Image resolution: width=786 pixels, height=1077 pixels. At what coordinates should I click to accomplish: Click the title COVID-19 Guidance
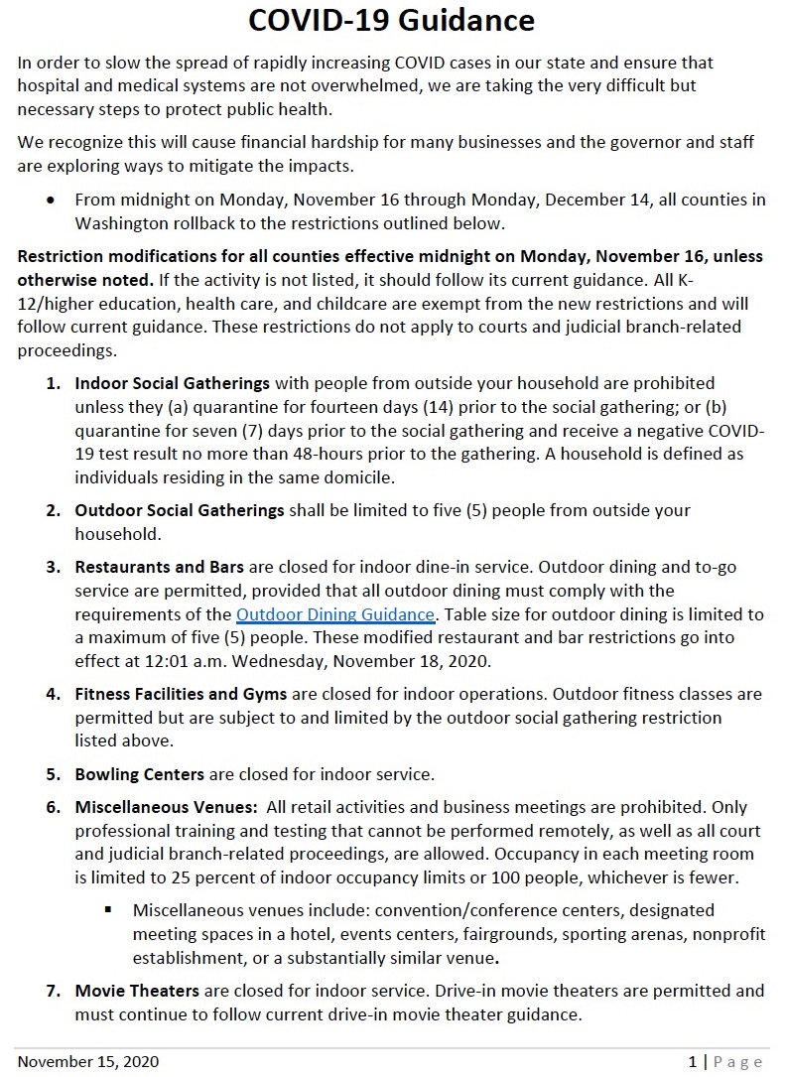391,20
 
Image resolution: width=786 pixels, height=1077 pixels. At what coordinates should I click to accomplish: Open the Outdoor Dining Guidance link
334,614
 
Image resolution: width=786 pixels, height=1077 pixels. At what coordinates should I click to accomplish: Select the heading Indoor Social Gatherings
173,383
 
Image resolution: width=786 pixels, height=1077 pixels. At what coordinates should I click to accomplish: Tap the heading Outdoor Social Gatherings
180,510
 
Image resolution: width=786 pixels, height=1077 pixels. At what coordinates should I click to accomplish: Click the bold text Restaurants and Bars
160,567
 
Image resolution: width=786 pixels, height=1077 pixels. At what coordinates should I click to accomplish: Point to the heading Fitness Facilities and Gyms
182,694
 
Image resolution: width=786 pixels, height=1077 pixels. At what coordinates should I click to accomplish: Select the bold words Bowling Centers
140,773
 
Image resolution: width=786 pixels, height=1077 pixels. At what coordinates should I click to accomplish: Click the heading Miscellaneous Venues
165,807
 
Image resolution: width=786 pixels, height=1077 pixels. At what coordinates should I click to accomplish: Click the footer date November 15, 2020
88,1062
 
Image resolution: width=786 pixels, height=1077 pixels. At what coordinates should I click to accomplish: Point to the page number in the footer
693,1062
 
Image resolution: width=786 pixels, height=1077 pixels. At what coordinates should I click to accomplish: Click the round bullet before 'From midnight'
51,200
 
